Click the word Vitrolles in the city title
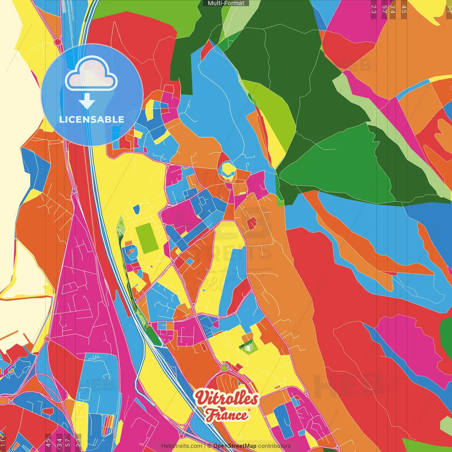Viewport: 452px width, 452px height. point(226,398)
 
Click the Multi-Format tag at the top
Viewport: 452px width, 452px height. point(226,3)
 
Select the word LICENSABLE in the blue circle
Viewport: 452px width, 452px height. point(92,119)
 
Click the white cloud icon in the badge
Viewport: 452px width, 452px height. point(91,73)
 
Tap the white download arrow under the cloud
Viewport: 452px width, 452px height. point(87,101)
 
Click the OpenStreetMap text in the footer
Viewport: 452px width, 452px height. point(235,446)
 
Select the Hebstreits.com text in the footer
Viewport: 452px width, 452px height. point(182,446)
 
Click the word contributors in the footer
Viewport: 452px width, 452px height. point(274,446)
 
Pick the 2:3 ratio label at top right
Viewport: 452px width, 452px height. point(374,9)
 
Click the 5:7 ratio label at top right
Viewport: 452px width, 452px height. point(384,9)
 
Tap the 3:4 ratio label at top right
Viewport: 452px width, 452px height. point(392,9)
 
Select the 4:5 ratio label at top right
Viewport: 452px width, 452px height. point(404,9)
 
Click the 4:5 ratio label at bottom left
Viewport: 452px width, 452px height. point(48,443)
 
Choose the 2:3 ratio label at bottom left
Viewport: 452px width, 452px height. point(78,443)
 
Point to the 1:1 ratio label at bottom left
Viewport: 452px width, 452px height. point(3,443)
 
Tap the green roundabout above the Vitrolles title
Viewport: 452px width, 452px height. point(224,368)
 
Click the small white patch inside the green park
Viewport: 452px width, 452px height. point(248,349)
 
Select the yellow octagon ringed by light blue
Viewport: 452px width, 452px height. point(228,170)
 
